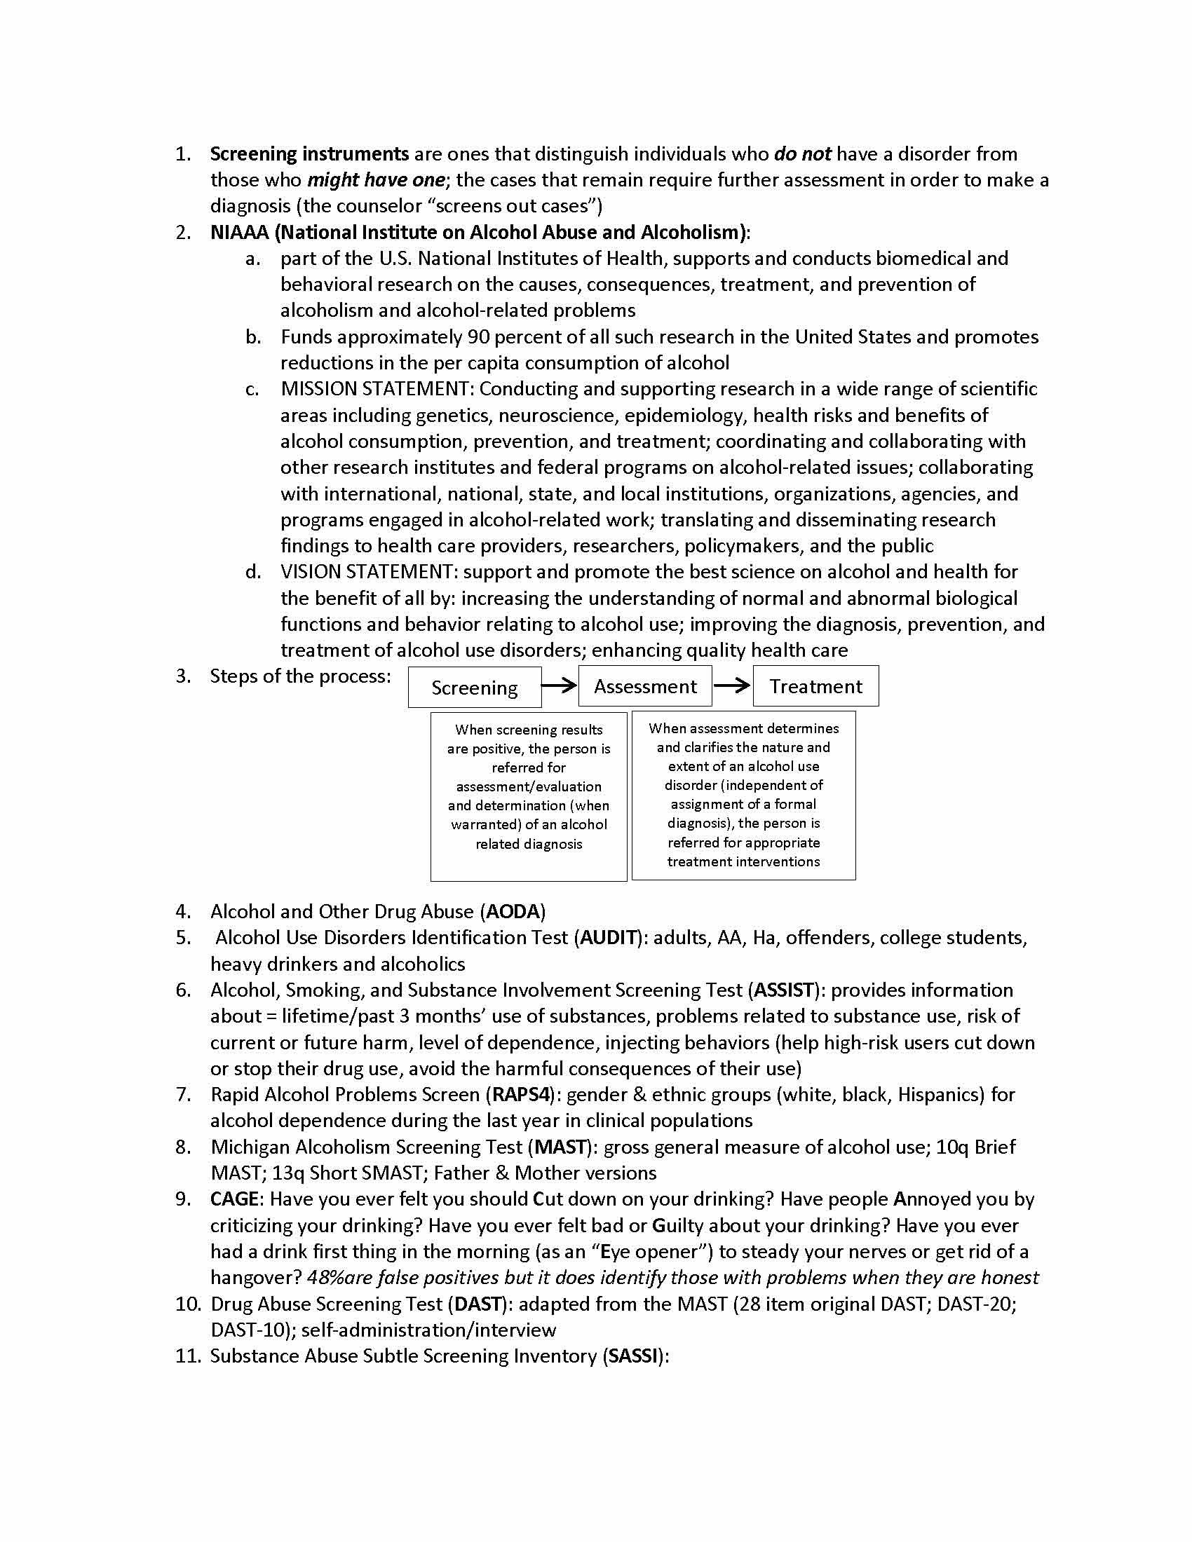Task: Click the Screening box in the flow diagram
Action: [475, 687]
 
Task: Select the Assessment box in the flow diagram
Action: [644, 685]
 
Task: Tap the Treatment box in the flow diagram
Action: [815, 685]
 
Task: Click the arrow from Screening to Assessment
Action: [560, 685]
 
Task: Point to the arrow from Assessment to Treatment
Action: [731, 685]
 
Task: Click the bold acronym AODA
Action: [513, 911]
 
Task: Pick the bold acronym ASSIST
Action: [784, 990]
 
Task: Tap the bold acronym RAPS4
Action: [520, 1094]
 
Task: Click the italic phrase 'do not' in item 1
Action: [802, 154]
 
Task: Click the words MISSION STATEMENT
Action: [374, 389]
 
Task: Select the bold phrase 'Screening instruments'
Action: [309, 154]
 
